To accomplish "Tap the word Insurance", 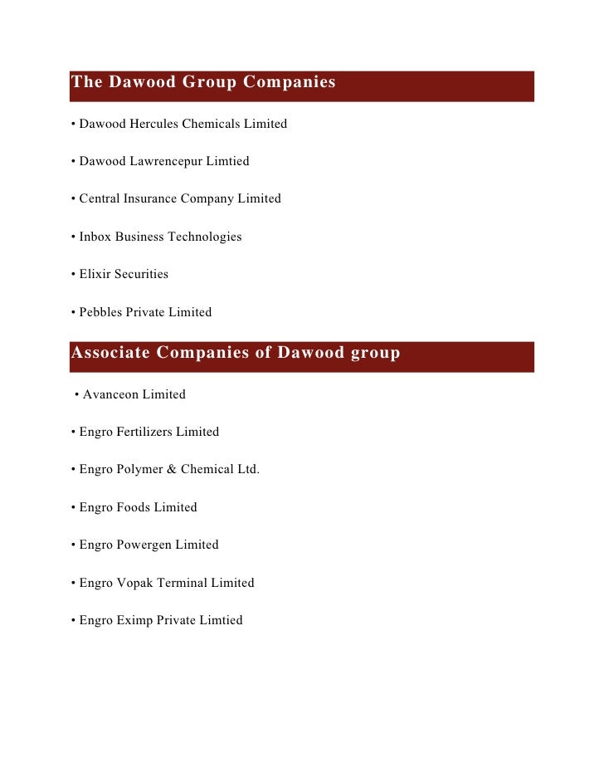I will click(x=151, y=199).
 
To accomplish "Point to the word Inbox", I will click(x=95, y=237).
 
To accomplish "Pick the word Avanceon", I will click(x=110, y=394).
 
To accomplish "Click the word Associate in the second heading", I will click(x=110, y=353).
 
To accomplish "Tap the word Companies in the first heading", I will click(x=287, y=82).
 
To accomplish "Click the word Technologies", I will click(x=205, y=237).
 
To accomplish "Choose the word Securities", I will click(x=142, y=274).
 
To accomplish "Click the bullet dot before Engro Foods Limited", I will click(x=74, y=507).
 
